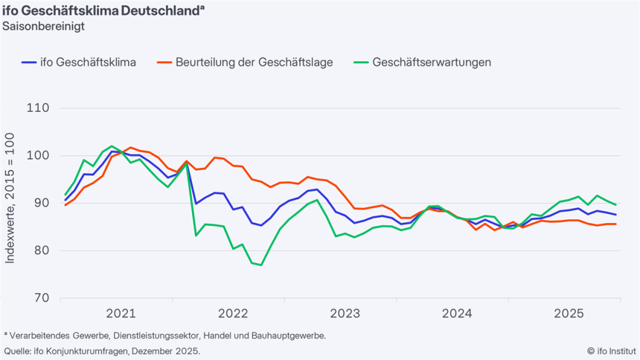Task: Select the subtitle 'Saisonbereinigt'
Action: (x=43, y=26)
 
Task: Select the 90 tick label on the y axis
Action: (x=41, y=203)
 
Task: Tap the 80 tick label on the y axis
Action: (x=41, y=251)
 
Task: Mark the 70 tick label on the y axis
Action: (x=41, y=298)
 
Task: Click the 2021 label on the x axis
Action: (x=121, y=314)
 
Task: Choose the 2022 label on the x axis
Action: (x=233, y=314)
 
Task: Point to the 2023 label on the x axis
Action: (x=345, y=314)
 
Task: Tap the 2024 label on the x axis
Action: (x=457, y=314)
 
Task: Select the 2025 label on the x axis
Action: (x=569, y=314)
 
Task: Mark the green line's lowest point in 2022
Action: (x=261, y=265)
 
